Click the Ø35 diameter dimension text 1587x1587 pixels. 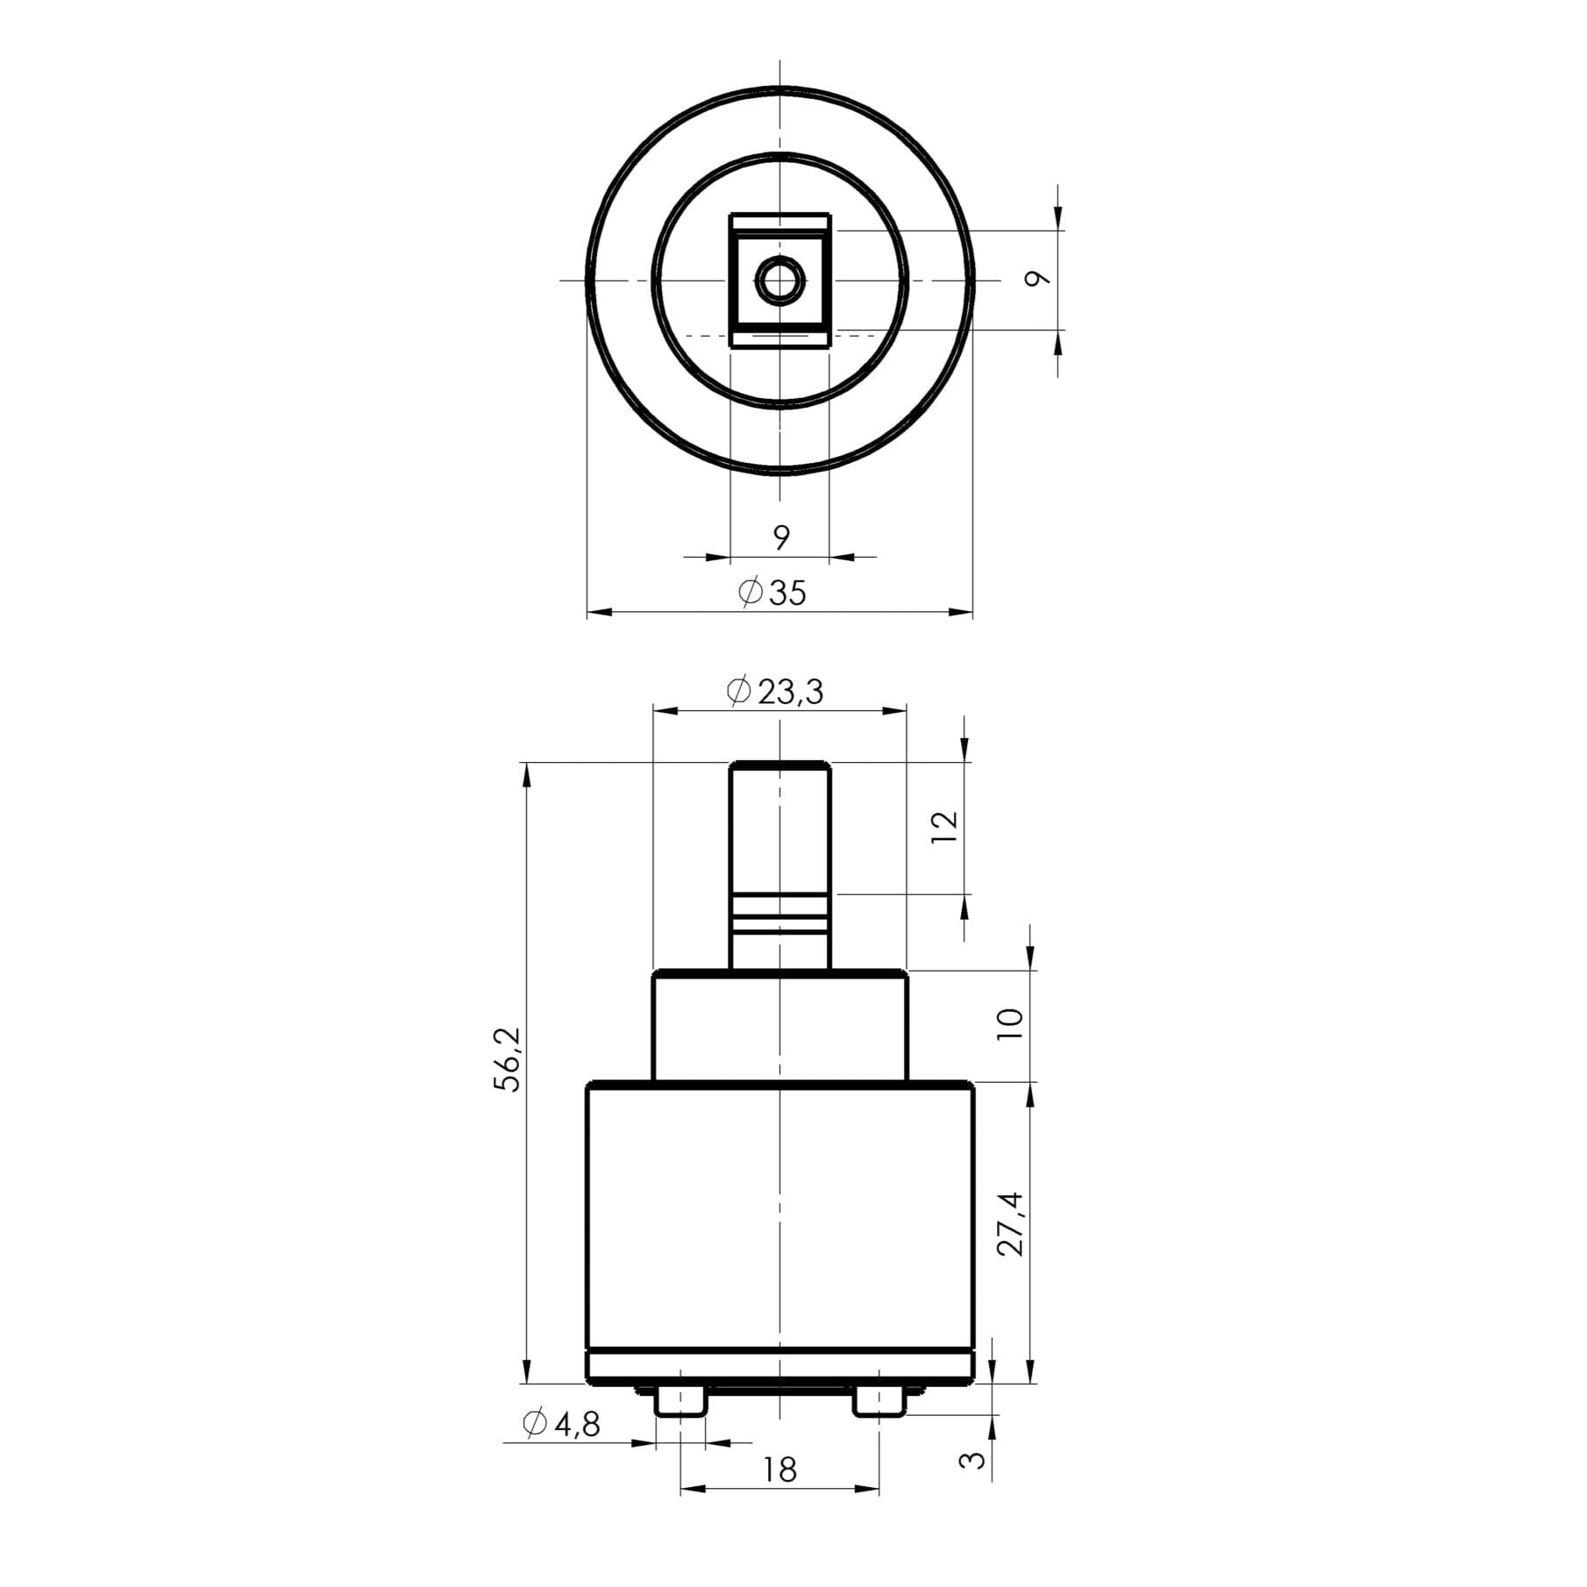[x=772, y=593]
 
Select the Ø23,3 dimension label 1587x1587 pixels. [x=775, y=692]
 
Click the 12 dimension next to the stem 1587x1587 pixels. [x=945, y=827]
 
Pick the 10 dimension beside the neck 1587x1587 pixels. [x=1011, y=1023]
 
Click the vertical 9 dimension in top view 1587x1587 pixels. [x=1038, y=279]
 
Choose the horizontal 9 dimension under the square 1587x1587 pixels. [x=781, y=536]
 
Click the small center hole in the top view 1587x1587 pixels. [x=779, y=281]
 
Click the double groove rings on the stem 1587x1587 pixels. [x=779, y=914]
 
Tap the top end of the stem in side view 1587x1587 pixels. [x=779, y=765]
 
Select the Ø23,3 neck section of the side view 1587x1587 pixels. [x=779, y=1026]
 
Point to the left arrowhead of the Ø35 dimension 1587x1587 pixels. [x=596, y=613]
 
